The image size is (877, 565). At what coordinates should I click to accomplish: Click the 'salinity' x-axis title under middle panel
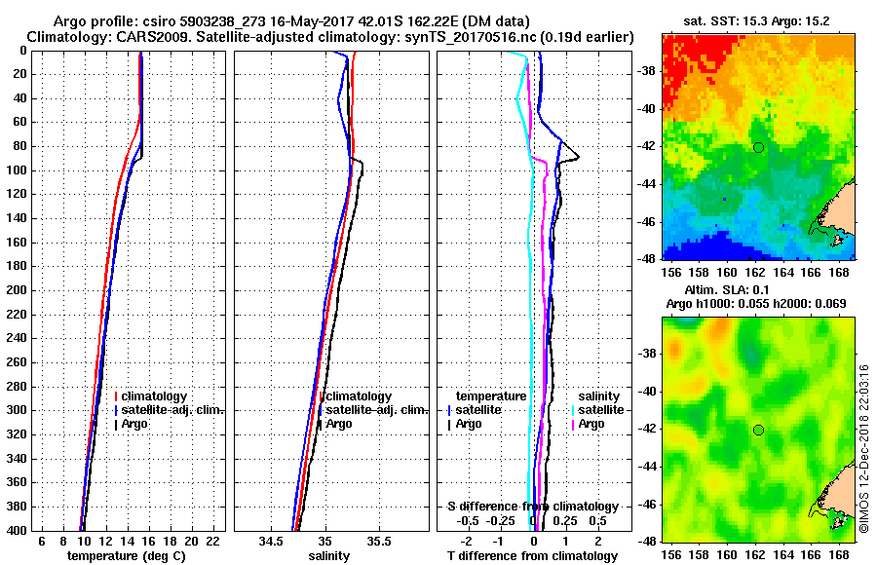pyautogui.click(x=329, y=555)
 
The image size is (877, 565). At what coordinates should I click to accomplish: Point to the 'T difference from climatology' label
pyautogui.click(x=532, y=555)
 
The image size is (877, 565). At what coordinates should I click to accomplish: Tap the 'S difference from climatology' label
pyautogui.click(x=532, y=507)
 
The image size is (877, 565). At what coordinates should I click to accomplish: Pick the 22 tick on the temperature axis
pyautogui.click(x=212, y=541)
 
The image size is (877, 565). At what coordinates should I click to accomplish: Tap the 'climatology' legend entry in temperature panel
pyautogui.click(x=159, y=396)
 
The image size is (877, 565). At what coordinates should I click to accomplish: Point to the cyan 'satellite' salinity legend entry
pyautogui.click(x=602, y=410)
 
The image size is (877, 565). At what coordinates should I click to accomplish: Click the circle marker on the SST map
pyautogui.click(x=758, y=147)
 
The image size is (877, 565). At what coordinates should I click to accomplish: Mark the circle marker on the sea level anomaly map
pyautogui.click(x=758, y=430)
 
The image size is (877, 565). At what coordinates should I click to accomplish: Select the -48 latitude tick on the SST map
pyautogui.click(x=644, y=258)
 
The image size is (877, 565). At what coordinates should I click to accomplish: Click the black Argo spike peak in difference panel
pyautogui.click(x=579, y=157)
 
